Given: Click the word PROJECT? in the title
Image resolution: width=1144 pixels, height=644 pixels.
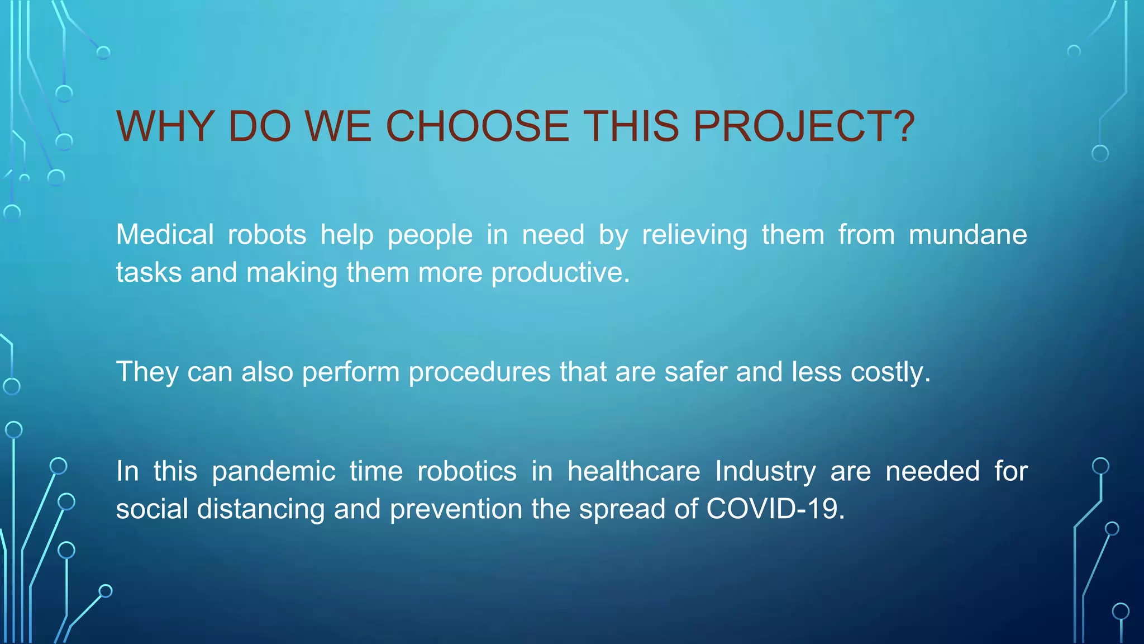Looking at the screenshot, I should pyautogui.click(x=803, y=126).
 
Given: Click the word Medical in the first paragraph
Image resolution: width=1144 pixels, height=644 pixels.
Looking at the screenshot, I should pyautogui.click(x=165, y=234).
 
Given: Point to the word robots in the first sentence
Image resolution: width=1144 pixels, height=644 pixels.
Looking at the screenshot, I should pyautogui.click(x=267, y=234).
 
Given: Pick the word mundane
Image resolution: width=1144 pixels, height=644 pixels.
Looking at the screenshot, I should pyautogui.click(x=967, y=234).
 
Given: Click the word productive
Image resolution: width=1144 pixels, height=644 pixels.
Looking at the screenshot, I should pyautogui.click(x=560, y=273).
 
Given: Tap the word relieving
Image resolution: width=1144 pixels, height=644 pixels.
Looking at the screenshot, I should pyautogui.click(x=694, y=234).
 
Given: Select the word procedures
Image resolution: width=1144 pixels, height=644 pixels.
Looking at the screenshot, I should pyautogui.click(x=479, y=372).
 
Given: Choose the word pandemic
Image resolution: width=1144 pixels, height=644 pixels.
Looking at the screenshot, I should pyautogui.click(x=273, y=471).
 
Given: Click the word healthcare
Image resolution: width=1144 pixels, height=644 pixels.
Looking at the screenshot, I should pyautogui.click(x=633, y=471).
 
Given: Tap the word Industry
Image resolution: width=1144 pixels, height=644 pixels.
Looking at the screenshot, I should pyautogui.click(x=765, y=471).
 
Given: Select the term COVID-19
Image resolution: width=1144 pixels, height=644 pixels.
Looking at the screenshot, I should pyautogui.click(x=775, y=509).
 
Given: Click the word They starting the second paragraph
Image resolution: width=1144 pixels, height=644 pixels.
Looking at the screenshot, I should pyautogui.click(x=147, y=372).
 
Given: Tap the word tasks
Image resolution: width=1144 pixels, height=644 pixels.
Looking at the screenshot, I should pyautogui.click(x=149, y=273).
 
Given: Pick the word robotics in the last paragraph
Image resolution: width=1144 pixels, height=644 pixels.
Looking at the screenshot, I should pyautogui.click(x=467, y=471).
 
